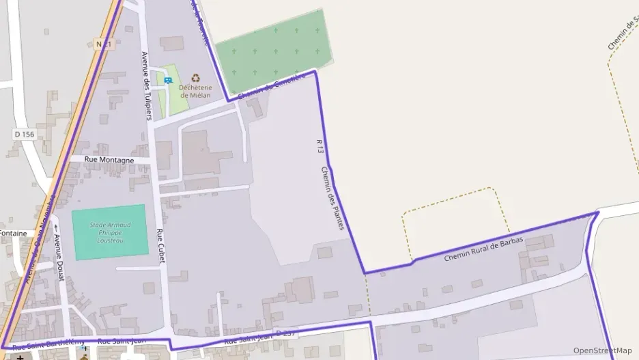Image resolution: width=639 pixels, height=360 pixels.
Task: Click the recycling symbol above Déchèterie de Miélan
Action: point(196,78)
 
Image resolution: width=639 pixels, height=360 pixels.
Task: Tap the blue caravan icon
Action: point(168,80)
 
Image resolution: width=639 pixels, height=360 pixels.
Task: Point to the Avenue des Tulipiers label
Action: point(145,85)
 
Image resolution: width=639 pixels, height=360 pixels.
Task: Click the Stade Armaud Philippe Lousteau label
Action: point(110,232)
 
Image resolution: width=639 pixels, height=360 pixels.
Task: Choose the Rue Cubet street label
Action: point(160,246)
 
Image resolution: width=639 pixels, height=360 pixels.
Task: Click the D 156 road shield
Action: point(24,135)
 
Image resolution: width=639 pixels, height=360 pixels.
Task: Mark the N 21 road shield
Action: point(103,44)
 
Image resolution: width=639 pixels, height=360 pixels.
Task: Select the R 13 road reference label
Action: point(319,146)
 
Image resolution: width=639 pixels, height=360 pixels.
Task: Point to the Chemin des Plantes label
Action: point(332,198)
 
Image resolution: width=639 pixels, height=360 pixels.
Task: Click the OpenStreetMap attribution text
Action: point(603,350)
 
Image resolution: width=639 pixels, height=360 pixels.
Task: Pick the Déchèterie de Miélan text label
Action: point(196,91)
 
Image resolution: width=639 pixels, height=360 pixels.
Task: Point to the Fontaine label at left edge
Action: point(13,233)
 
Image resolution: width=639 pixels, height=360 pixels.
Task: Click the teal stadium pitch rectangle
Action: point(110,232)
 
